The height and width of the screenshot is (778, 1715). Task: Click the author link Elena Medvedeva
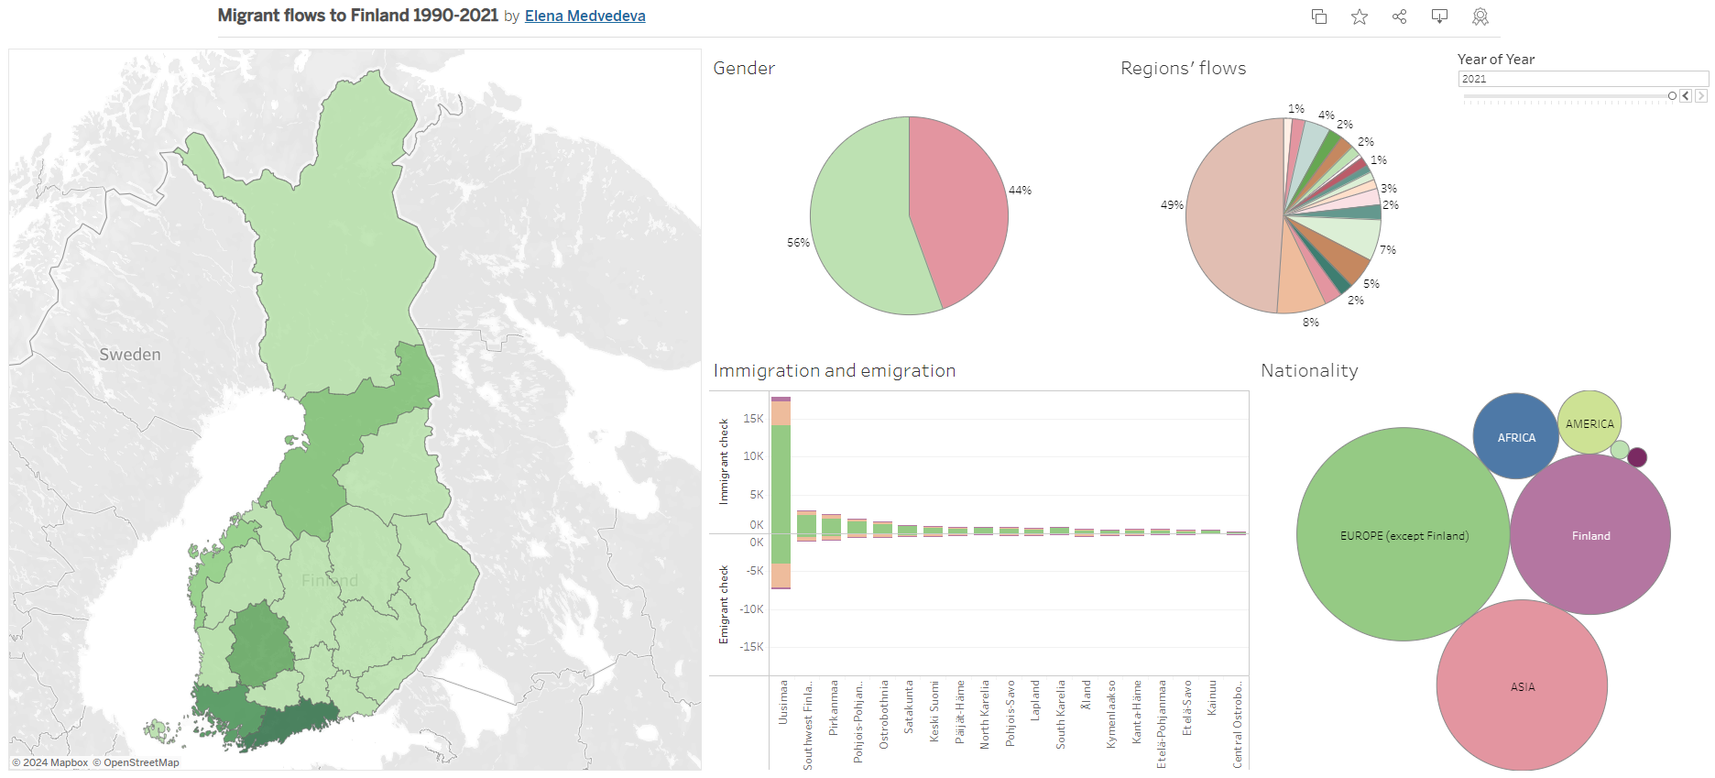coord(584,16)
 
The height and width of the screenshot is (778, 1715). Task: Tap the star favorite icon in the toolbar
coord(1360,16)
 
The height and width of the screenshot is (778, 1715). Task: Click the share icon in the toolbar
coord(1399,16)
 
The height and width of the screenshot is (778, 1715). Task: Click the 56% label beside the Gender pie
coord(798,243)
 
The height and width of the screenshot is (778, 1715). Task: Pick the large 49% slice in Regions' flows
coord(1232,215)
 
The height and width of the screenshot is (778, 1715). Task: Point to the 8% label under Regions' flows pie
coord(1311,323)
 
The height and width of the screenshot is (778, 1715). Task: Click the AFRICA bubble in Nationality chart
coord(1515,437)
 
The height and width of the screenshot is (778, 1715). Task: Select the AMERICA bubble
coord(1589,423)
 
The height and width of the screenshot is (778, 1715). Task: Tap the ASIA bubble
coord(1522,686)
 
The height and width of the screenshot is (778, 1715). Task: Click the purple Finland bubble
coord(1590,535)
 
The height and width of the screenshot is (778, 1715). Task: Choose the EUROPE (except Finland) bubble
coord(1403,535)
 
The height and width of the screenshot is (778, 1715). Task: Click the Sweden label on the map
coord(130,355)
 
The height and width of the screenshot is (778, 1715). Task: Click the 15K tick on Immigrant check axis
coord(753,419)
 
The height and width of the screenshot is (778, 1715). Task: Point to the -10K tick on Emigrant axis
coord(751,609)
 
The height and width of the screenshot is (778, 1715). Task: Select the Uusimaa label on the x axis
coord(783,702)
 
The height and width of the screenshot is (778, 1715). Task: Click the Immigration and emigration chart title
coord(834,370)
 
